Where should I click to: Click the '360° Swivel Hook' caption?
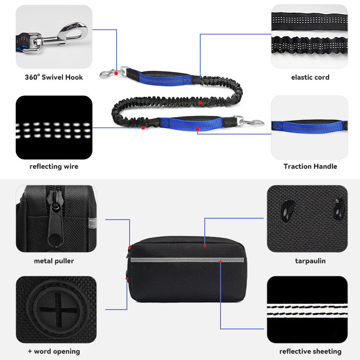coord(54,77)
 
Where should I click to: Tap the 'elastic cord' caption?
coord(310,77)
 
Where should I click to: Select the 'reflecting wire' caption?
coord(54,166)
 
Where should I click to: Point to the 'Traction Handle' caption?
coord(310,166)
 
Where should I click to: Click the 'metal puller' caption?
coord(54,261)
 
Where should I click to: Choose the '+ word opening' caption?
coord(54,351)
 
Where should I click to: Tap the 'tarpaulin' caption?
coord(310,261)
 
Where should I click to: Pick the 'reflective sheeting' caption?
coord(310,351)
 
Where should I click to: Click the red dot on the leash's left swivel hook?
coord(116,73)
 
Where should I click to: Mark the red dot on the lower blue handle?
coord(198,129)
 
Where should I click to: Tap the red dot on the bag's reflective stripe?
coord(220,262)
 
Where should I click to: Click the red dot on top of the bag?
coord(205,246)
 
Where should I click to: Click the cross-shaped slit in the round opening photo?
coord(57,309)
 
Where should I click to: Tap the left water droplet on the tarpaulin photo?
coord(288,210)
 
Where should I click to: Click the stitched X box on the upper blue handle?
coord(187,80)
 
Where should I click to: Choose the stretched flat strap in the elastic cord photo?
coord(309,22)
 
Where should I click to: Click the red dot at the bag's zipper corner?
coord(130,247)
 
